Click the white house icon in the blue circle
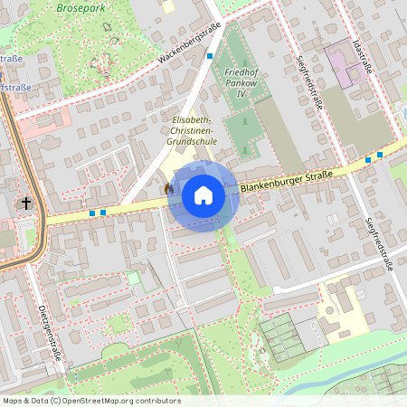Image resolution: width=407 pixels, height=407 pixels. [203, 195]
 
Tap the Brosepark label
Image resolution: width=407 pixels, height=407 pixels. [80, 7]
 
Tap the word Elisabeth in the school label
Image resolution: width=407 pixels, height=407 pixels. [193, 119]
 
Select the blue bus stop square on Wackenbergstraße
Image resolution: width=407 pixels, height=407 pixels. [210, 56]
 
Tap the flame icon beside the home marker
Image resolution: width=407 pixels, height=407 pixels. [169, 187]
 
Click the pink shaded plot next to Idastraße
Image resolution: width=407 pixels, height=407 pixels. [342, 64]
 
